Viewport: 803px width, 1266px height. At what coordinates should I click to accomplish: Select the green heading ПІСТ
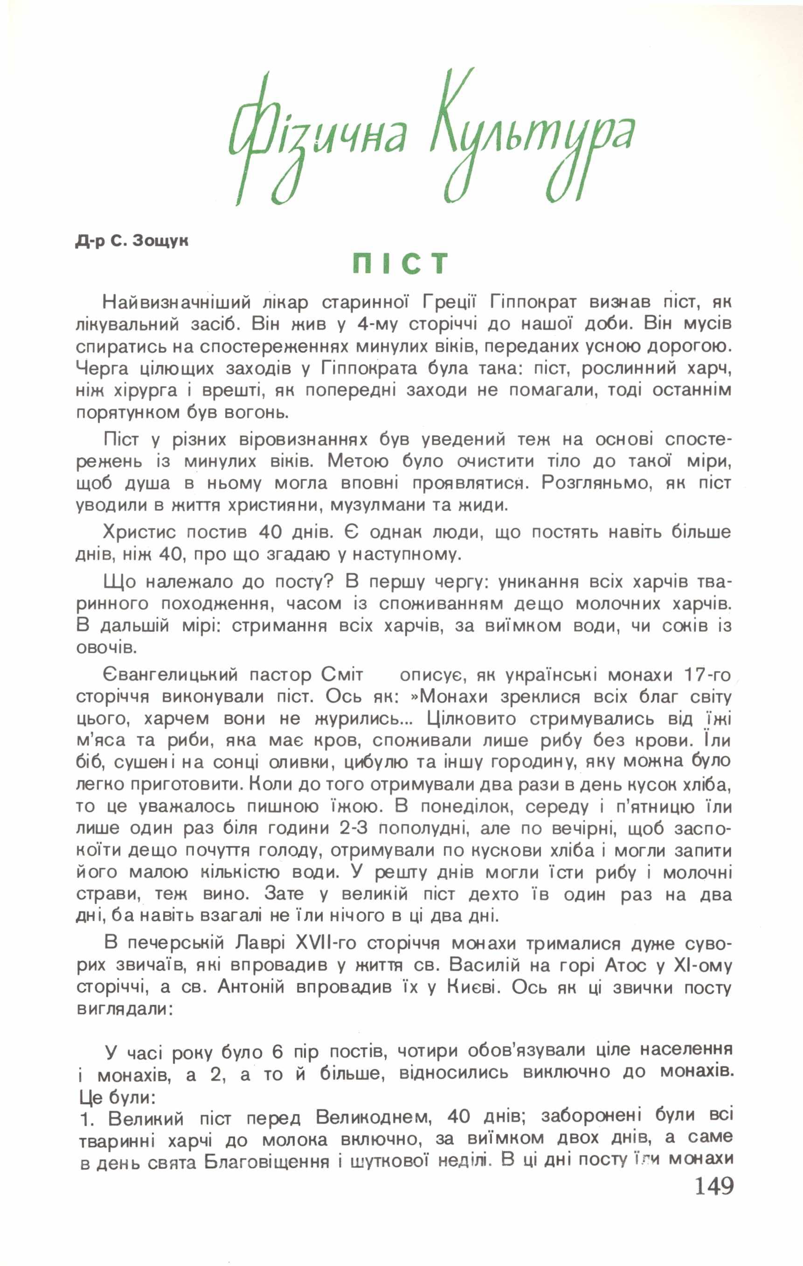(401, 263)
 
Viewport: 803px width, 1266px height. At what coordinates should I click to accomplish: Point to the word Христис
(140, 532)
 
